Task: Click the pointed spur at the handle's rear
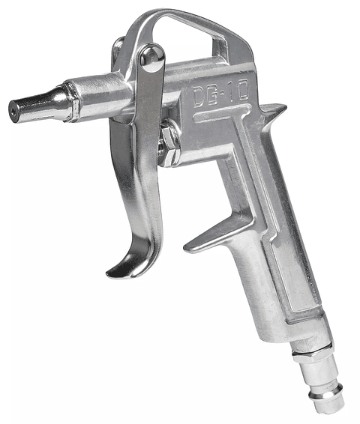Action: pyautogui.click(x=274, y=113)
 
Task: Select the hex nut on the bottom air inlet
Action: pyautogui.click(x=314, y=353)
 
